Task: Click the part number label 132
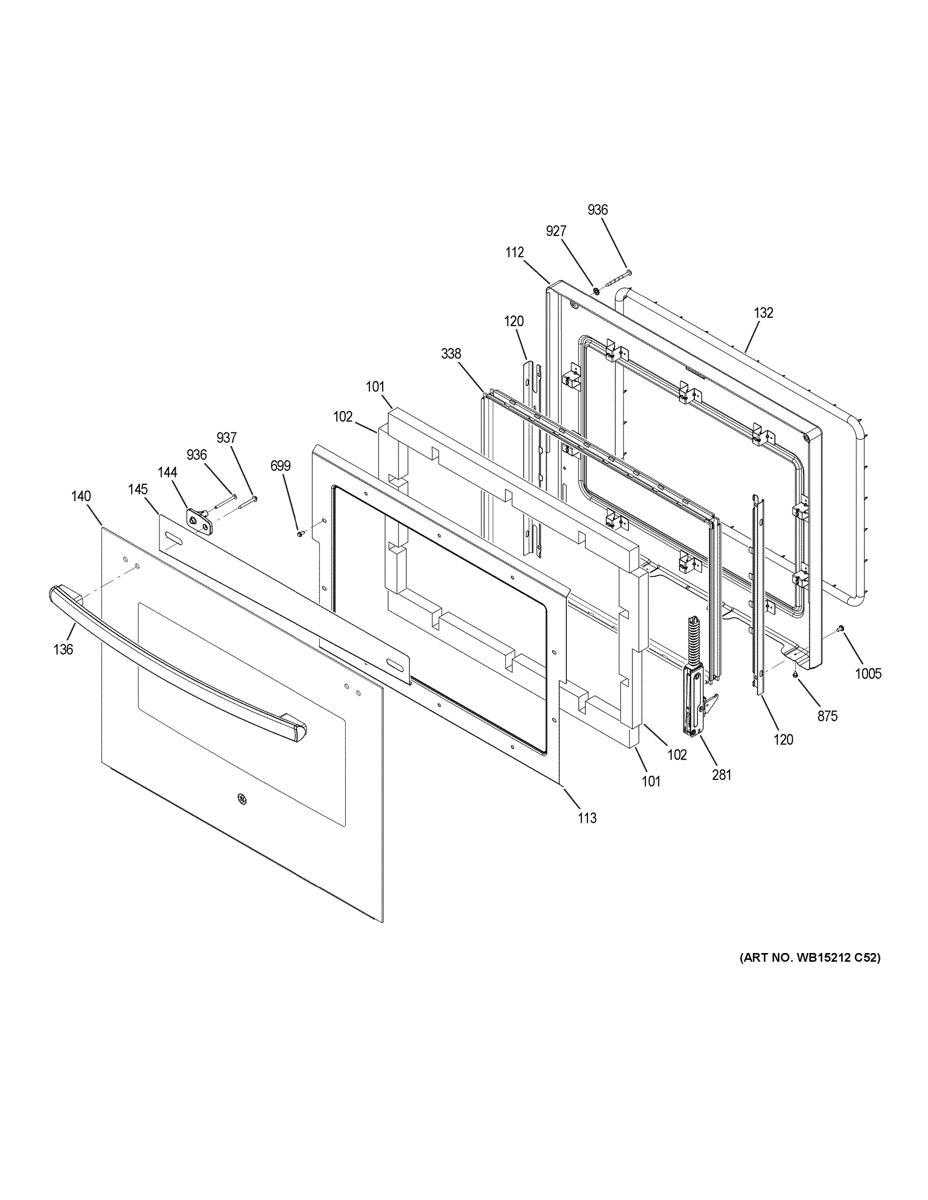click(763, 312)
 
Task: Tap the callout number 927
click(556, 231)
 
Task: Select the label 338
click(451, 354)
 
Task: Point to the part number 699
click(280, 466)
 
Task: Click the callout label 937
click(227, 438)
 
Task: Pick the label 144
click(167, 472)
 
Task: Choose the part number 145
click(138, 489)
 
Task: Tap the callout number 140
click(81, 496)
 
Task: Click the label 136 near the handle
click(63, 649)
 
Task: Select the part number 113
click(587, 833)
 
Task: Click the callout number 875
click(827, 716)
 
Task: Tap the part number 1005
click(868, 673)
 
